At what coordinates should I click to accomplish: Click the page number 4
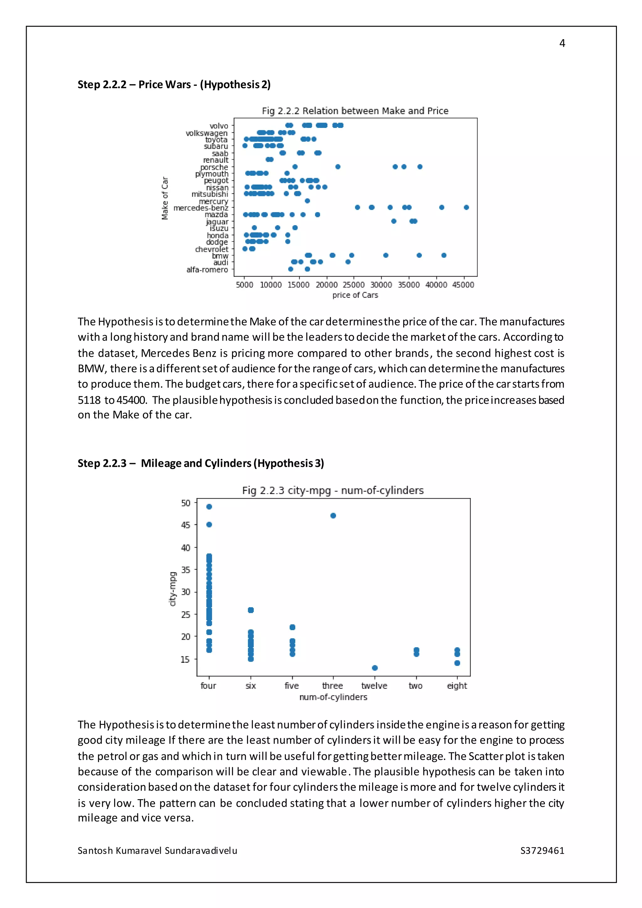pos(562,43)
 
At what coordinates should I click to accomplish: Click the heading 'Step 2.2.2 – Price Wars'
pos(174,85)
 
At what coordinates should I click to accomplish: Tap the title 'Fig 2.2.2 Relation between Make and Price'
pos(355,111)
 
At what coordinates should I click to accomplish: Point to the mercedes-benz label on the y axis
pos(201,208)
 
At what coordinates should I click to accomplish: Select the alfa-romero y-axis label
pos(207,270)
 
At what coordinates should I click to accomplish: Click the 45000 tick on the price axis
pos(463,285)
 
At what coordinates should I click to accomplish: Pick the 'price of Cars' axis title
pos(355,295)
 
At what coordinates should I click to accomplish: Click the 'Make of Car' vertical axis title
pos(165,198)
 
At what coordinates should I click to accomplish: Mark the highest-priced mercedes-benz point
pos(466,207)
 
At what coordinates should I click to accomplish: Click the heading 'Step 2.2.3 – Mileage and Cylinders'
pos(200,463)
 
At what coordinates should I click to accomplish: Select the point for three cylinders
pos(333,515)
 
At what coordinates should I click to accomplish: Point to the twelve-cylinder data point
pos(375,668)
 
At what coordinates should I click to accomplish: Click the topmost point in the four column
pos(209,507)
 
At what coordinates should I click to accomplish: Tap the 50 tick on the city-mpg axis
pos(185,503)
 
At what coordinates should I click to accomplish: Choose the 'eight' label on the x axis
pos(457,686)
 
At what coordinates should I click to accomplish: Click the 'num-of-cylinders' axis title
pos(333,697)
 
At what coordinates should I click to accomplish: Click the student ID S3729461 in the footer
pos(542,851)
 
